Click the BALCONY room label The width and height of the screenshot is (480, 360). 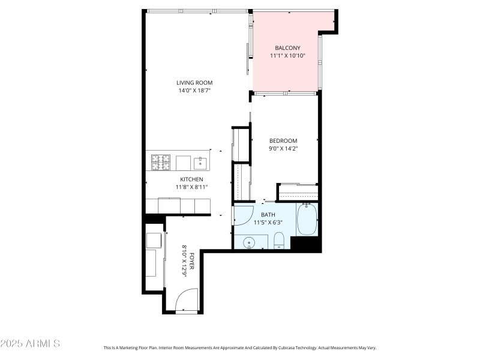[287, 48]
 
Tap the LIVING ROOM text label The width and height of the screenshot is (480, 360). [194, 83]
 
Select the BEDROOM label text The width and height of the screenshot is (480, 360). [283, 141]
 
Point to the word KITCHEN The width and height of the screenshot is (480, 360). [192, 179]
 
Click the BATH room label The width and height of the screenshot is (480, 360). [268, 214]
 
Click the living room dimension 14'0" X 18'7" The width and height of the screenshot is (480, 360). [194, 91]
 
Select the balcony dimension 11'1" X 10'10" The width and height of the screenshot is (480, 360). [287, 56]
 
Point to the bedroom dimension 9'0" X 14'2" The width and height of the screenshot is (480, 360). [283, 148]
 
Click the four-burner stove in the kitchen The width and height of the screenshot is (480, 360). [160, 163]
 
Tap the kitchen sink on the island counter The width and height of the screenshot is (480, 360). [200, 163]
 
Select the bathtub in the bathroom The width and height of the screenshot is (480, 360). [307, 220]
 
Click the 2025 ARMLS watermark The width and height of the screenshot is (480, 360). [30, 344]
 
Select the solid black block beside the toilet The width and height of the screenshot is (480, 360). [305, 244]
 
